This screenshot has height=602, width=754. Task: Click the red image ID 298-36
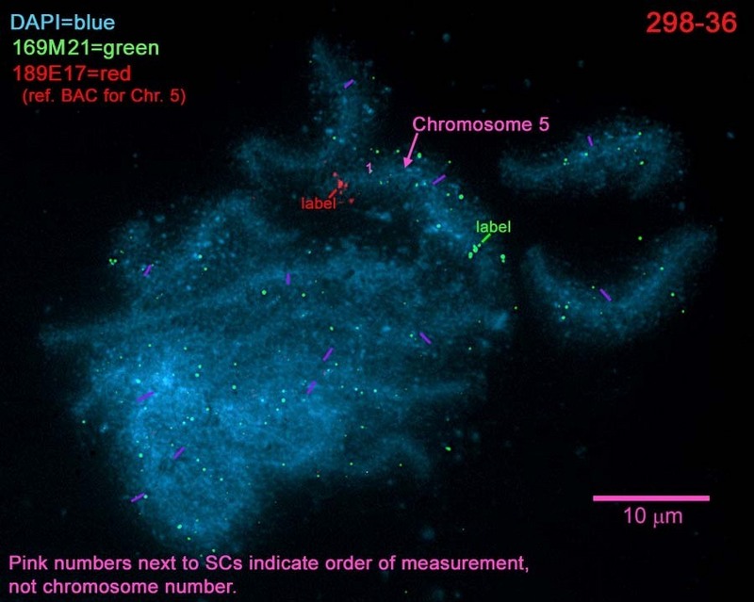(691, 23)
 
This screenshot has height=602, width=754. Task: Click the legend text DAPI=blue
(62, 22)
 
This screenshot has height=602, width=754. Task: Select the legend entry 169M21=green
(86, 48)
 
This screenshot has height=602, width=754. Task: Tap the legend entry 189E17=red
(72, 73)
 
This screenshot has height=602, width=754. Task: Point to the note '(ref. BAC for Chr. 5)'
(104, 96)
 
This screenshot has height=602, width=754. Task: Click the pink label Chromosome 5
(481, 124)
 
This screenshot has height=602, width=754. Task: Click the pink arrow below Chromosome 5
(410, 151)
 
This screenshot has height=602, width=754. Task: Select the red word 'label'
(318, 203)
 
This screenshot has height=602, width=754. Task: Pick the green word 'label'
(493, 226)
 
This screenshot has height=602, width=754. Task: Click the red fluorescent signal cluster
(341, 185)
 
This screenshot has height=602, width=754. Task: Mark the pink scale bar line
(651, 498)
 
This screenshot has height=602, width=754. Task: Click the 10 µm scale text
(652, 516)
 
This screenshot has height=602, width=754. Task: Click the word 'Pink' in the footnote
(29, 563)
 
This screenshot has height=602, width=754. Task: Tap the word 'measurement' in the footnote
(464, 563)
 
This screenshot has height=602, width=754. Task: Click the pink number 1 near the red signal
(369, 168)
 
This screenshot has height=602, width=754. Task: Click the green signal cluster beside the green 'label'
(475, 251)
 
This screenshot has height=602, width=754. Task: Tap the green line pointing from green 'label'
(485, 238)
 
